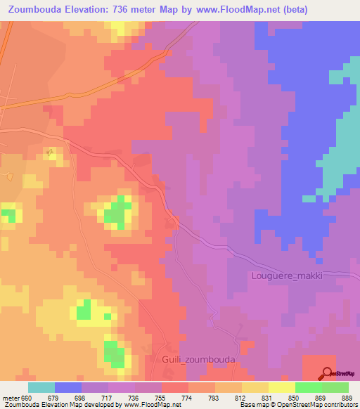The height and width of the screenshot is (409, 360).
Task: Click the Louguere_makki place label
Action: pos(287,275)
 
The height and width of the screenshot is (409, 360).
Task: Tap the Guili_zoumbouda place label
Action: pos(198,359)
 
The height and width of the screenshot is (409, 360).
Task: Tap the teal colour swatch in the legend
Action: pos(41,387)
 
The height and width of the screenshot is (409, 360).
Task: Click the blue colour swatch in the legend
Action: pos(68,387)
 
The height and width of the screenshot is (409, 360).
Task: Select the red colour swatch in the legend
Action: pos(175,387)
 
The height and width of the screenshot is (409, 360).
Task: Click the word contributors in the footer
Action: pos(340,405)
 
